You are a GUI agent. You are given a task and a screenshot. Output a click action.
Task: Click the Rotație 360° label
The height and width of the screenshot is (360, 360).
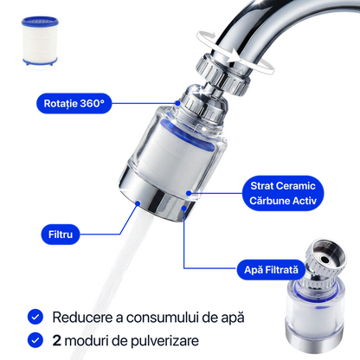click(x=74, y=103)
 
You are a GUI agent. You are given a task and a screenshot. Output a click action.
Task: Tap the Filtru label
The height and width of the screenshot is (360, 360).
click(x=61, y=235)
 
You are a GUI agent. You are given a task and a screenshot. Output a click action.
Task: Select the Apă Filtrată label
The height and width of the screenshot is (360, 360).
click(x=271, y=270)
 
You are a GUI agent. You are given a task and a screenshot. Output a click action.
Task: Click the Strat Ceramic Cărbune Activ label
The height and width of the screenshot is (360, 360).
click(x=283, y=193)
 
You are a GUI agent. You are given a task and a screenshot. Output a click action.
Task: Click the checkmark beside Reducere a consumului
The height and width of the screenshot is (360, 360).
click(x=35, y=317)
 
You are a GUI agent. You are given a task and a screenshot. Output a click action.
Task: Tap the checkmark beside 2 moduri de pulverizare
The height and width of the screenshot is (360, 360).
click(x=35, y=340)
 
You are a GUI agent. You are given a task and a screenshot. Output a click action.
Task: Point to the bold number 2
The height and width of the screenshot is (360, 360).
click(x=56, y=340)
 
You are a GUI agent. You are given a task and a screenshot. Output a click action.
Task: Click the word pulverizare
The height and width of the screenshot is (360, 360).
click(x=164, y=341)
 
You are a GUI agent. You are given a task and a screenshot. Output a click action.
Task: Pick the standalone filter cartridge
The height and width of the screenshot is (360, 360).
click(x=40, y=41)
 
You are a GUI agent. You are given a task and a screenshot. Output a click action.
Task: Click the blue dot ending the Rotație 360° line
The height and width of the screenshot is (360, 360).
click(x=178, y=103)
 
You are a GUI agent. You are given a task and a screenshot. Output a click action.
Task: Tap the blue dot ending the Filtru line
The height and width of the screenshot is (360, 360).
click(x=138, y=203)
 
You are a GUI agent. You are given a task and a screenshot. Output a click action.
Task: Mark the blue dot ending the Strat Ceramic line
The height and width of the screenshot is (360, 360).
click(x=189, y=193)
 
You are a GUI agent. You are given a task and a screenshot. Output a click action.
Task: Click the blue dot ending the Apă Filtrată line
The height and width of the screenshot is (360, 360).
click(x=184, y=208)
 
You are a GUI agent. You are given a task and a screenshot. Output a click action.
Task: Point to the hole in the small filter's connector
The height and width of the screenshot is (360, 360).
click(x=325, y=260)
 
